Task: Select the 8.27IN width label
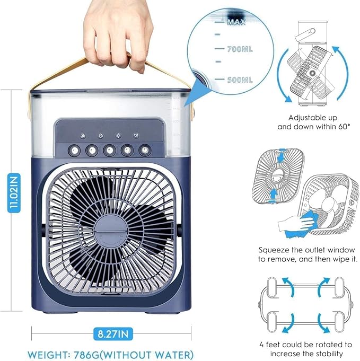(x=112, y=334)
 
